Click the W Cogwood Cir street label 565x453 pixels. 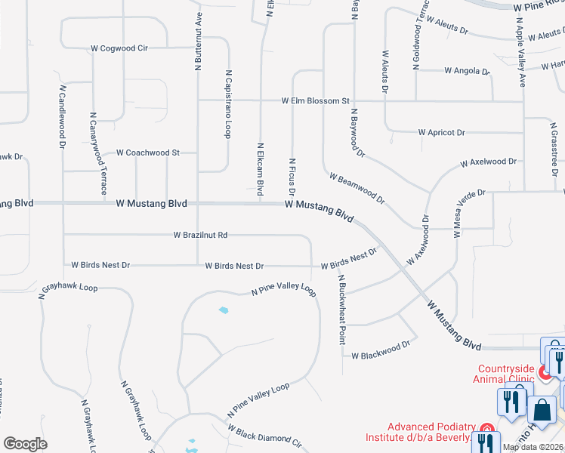(x=119, y=48)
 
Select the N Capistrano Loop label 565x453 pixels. (x=227, y=105)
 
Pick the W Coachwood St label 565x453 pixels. (x=147, y=153)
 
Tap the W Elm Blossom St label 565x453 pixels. (x=316, y=100)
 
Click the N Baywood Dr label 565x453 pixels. (x=357, y=133)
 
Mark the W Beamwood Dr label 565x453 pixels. (x=357, y=188)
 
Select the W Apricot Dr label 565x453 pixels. (x=441, y=132)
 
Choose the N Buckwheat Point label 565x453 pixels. (x=341, y=310)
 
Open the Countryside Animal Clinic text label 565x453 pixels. (x=505, y=374)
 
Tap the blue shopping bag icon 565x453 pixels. (x=542, y=410)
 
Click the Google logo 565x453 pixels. (x=25, y=443)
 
